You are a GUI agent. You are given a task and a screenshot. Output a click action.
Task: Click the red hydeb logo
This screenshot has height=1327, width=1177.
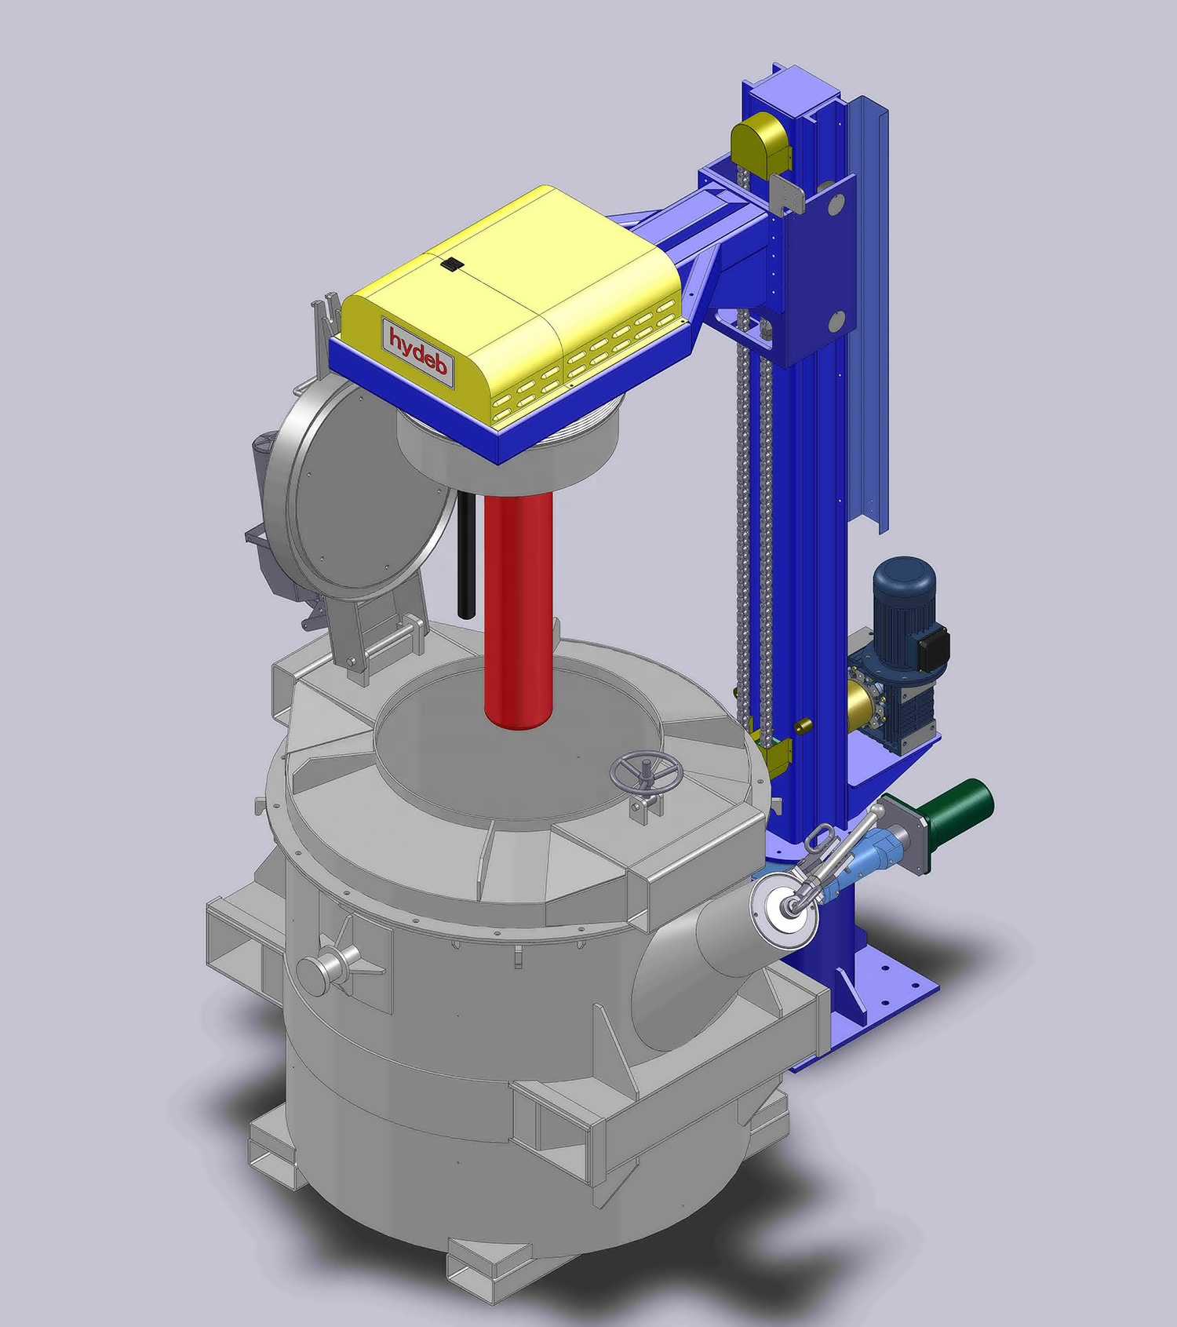pyautogui.click(x=419, y=352)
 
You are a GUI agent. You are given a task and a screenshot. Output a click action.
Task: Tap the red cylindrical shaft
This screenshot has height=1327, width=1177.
pyautogui.click(x=518, y=611)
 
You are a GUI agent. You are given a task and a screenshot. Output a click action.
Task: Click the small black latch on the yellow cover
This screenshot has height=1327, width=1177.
pyautogui.click(x=450, y=264)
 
